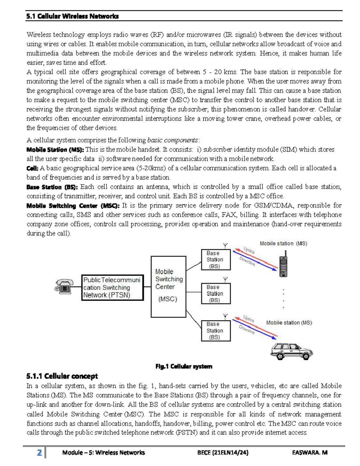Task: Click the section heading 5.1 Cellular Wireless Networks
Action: click(x=72, y=16)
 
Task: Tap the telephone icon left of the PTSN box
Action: click(x=64, y=287)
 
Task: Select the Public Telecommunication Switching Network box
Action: click(x=112, y=287)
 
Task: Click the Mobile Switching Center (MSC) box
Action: click(x=168, y=287)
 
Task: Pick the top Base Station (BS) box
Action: click(x=215, y=260)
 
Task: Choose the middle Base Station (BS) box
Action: click(x=215, y=294)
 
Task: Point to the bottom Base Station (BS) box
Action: click(x=215, y=331)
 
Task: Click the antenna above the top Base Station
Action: click(x=226, y=245)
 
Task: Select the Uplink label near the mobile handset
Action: click(x=249, y=251)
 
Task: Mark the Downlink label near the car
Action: click(x=247, y=330)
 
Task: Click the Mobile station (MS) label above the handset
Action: click(x=283, y=244)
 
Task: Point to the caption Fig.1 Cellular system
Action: click(x=184, y=366)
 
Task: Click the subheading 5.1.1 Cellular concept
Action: click(x=62, y=376)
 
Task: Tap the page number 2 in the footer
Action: click(x=39, y=452)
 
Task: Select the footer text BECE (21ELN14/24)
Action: click(x=223, y=452)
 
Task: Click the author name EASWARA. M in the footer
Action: click(x=310, y=452)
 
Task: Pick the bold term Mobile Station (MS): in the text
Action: click(x=55, y=149)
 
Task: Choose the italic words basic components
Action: click(x=172, y=140)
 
